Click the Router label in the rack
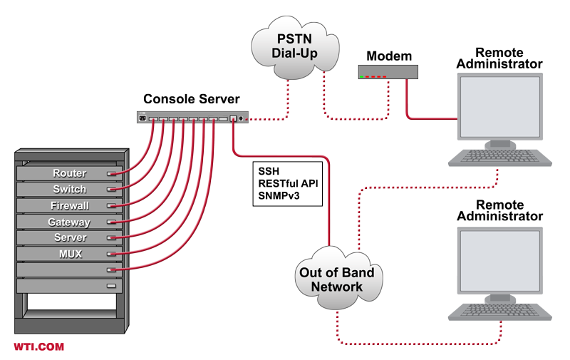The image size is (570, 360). pyautogui.click(x=69, y=173)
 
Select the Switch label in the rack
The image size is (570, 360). pyautogui.click(x=69, y=190)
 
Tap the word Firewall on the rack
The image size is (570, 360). pyautogui.click(x=69, y=206)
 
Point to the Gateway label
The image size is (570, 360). pyautogui.click(x=69, y=222)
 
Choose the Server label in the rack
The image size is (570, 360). pyautogui.click(x=69, y=238)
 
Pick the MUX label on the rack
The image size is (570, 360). pyautogui.click(x=69, y=254)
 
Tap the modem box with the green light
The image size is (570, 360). pyautogui.click(x=389, y=71)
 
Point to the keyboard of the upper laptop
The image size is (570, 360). pyautogui.click(x=498, y=154)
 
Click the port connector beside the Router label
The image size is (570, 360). pyautogui.click(x=110, y=174)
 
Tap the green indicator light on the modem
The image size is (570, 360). pyautogui.click(x=363, y=76)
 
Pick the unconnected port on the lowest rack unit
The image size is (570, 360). pyautogui.click(x=110, y=286)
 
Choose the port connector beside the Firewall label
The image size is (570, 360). pyautogui.click(x=110, y=206)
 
